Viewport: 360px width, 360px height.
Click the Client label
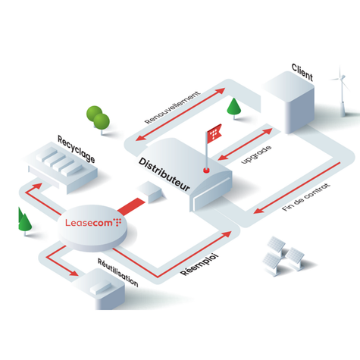coord(302,72)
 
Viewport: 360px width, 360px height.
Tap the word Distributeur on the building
coord(164,175)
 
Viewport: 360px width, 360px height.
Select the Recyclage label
coord(77,149)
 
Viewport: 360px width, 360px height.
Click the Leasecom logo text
coord(93,222)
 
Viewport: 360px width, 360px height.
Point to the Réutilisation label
coord(118,273)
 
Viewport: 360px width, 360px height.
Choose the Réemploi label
coord(199,265)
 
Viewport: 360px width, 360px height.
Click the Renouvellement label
coord(173,108)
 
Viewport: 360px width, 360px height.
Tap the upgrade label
coord(256,155)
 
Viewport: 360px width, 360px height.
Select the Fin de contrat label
coord(306,197)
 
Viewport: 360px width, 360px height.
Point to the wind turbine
coord(341,92)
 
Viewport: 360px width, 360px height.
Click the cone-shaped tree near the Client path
coord(234,108)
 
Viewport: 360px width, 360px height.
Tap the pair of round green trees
coord(99,120)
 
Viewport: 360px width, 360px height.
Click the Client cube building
coord(289,102)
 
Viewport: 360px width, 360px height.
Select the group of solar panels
coord(283,255)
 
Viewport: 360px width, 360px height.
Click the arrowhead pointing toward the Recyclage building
coord(37,186)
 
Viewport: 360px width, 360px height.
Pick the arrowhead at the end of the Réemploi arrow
coord(227,234)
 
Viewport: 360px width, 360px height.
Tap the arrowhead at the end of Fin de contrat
coord(258,210)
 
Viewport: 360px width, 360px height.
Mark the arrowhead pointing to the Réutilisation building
coord(74,273)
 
